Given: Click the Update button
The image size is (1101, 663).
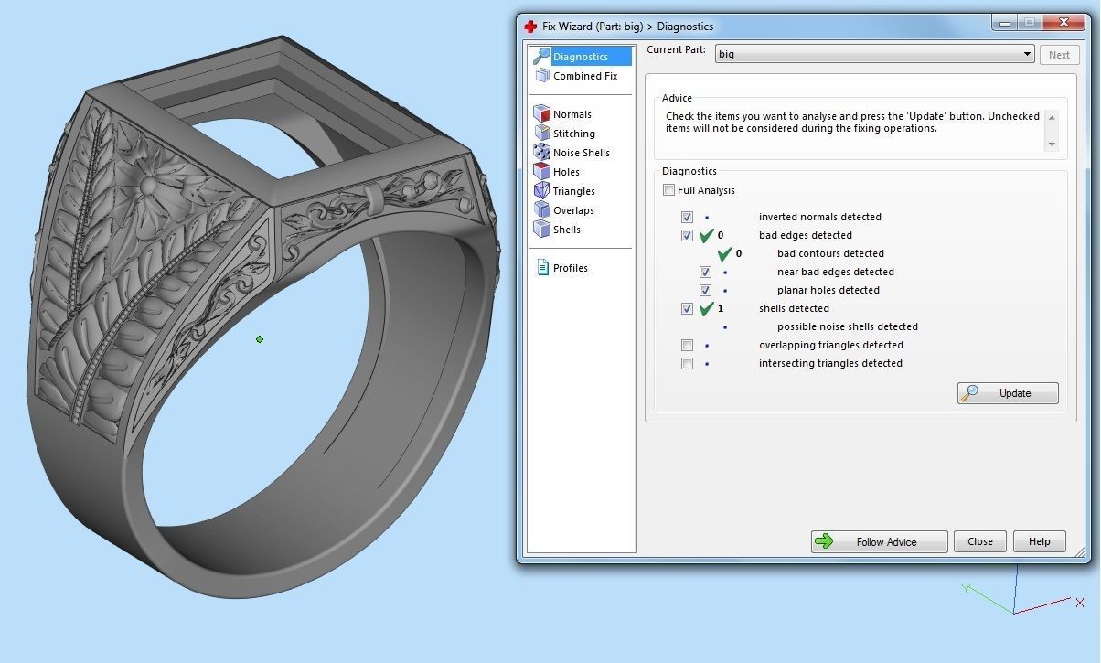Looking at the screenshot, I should [x=1008, y=393].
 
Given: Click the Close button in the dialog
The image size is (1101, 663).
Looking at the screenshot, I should [x=979, y=541].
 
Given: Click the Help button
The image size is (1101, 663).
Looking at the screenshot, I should [x=1039, y=541].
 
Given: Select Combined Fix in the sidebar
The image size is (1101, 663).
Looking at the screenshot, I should [x=584, y=76].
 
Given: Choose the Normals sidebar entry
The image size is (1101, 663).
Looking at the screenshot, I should [x=572, y=114].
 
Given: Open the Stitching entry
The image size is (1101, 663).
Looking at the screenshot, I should [x=573, y=134].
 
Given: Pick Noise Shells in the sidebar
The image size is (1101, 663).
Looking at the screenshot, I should [x=581, y=153].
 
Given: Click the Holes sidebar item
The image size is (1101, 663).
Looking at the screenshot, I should [x=566, y=172].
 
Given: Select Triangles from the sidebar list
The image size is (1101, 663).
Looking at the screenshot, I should [x=573, y=191].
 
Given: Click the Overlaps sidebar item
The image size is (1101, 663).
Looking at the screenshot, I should [x=573, y=210].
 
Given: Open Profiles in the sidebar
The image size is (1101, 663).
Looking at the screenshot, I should [x=570, y=268].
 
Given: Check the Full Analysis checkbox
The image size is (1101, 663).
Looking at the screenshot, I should [x=669, y=190].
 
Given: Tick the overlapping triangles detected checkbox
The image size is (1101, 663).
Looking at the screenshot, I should [x=687, y=345].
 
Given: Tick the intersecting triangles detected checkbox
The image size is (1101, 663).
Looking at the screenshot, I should [x=687, y=363].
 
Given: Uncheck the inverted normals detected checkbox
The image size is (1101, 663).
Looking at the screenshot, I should [x=687, y=217].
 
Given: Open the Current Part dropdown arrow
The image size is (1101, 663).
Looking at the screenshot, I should [x=1028, y=55].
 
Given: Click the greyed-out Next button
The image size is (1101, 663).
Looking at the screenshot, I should [x=1059, y=55].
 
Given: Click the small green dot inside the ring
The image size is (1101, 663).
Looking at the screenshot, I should [x=260, y=339].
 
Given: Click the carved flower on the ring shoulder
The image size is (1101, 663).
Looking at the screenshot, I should [x=147, y=186].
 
